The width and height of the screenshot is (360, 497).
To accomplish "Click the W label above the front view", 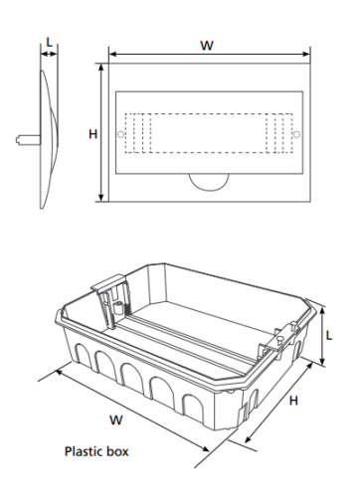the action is click(x=207, y=46).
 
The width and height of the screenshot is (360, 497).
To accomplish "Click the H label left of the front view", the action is click(x=92, y=134).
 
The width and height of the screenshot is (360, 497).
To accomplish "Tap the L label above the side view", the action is click(x=49, y=43).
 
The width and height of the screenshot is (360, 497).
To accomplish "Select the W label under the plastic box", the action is click(x=116, y=420).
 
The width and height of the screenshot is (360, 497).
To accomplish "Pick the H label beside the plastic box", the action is click(x=293, y=401).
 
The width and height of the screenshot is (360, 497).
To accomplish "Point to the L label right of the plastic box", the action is click(x=329, y=336).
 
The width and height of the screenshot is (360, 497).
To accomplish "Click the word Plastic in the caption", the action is click(x=84, y=451).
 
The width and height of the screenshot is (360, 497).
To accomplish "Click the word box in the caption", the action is click(x=117, y=451).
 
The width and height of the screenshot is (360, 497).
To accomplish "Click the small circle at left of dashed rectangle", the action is click(x=120, y=134).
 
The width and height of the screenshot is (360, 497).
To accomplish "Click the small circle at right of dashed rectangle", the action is click(x=295, y=134).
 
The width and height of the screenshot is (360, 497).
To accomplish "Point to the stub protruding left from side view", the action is click(x=28, y=139).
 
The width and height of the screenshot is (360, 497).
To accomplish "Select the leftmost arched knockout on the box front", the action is click(x=83, y=355).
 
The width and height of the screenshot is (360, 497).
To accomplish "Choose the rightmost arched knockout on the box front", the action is click(x=194, y=409).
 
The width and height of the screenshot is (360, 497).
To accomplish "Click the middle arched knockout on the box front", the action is click(x=131, y=379).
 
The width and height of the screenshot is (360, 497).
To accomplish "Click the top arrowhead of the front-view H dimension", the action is click(x=101, y=66).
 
